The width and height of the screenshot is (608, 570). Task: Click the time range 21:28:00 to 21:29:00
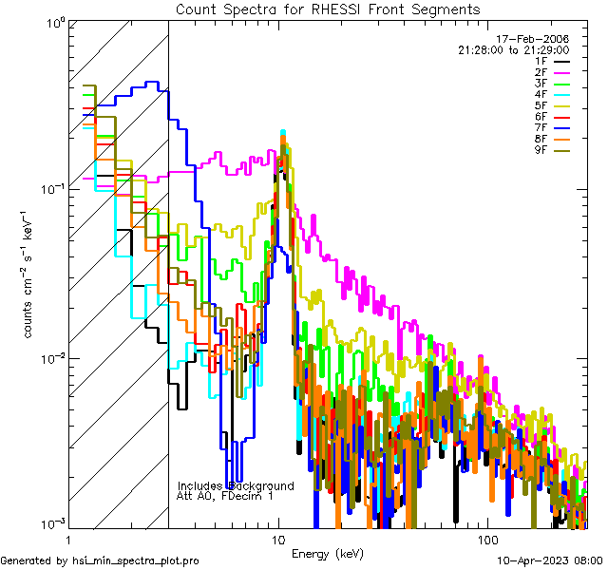click(x=513, y=49)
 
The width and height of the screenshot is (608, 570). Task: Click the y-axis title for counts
click(x=29, y=274)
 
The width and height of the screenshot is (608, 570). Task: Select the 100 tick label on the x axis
click(x=486, y=540)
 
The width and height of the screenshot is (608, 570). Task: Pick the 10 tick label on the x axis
click(x=278, y=540)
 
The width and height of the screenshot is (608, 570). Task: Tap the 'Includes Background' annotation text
click(x=236, y=486)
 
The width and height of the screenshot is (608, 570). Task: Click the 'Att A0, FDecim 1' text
click(x=225, y=497)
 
